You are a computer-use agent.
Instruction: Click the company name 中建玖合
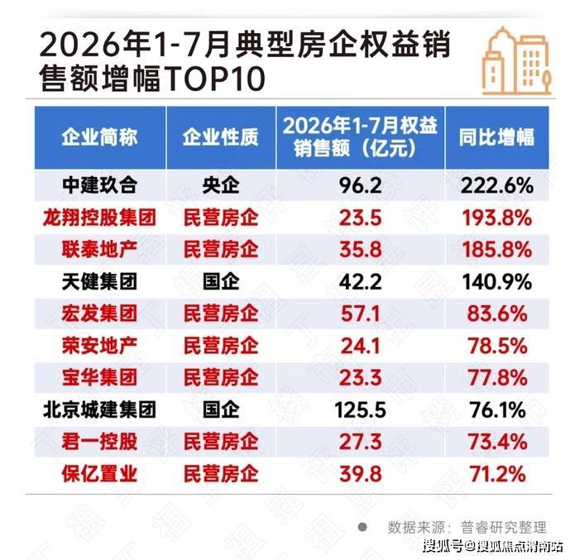click(x=100, y=185)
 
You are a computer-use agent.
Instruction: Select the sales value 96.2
click(x=360, y=185)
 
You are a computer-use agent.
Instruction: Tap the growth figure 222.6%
click(x=497, y=185)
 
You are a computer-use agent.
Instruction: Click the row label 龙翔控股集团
click(x=100, y=218)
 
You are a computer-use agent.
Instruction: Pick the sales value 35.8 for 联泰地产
click(x=360, y=250)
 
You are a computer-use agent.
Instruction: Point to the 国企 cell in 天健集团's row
click(x=221, y=281)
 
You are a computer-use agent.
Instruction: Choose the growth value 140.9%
click(x=497, y=282)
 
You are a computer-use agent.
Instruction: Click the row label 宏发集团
click(x=100, y=314)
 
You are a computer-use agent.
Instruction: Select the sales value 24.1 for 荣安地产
click(x=360, y=347)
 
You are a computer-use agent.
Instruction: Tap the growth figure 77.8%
click(x=497, y=378)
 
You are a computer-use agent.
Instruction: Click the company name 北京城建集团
click(x=100, y=409)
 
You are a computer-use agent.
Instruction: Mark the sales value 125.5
click(x=360, y=410)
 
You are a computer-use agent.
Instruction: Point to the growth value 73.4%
click(x=497, y=443)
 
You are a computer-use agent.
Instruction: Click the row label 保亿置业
click(x=100, y=474)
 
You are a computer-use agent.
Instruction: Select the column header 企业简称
click(x=100, y=137)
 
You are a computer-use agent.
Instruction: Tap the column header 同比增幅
click(x=497, y=137)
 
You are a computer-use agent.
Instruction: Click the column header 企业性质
click(x=221, y=137)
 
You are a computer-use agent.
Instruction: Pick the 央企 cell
click(x=221, y=185)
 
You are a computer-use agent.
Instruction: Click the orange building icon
click(x=516, y=61)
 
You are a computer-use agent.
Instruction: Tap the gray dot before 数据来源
click(x=362, y=528)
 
